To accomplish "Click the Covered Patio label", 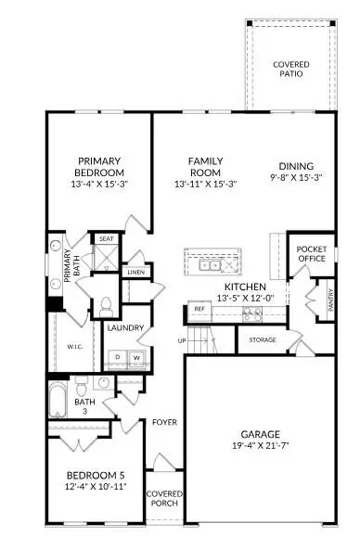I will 290,70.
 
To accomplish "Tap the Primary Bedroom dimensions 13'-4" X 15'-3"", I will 101,184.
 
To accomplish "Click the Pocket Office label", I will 308,255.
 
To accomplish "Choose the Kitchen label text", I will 245,287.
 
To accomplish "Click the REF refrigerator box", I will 199,309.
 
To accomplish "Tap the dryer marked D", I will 119,356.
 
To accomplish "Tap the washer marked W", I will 137,356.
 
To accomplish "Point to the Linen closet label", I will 135,272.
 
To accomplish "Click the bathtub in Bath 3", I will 57,400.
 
